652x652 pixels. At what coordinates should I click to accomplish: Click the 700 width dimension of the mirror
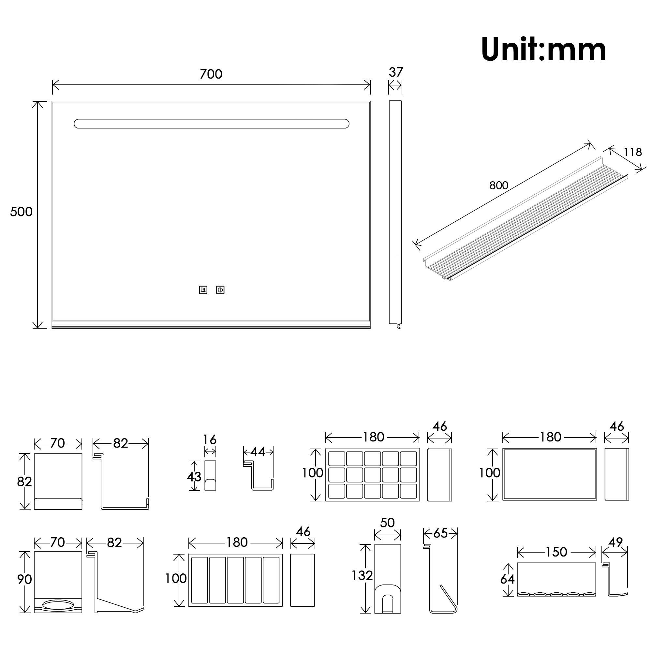point(211,74)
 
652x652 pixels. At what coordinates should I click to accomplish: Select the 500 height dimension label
point(21,212)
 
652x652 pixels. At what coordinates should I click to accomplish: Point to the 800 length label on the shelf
point(498,185)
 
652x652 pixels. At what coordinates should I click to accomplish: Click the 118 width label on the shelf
point(632,152)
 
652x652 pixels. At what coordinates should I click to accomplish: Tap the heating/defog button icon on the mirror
point(203,290)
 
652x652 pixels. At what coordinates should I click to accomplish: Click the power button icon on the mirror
point(220,290)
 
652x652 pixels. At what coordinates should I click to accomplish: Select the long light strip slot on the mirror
point(212,124)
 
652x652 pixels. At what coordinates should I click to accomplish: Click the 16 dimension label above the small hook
point(210,440)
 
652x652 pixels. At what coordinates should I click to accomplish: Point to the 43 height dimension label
point(194,477)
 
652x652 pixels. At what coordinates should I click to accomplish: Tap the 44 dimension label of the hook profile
point(258,452)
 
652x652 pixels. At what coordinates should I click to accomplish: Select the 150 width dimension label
point(556,552)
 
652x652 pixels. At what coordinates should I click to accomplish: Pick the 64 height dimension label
point(507,579)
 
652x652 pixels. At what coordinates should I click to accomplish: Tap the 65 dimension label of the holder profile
point(440,533)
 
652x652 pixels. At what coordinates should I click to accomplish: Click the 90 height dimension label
point(24,579)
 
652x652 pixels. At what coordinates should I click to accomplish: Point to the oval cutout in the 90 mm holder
point(58,605)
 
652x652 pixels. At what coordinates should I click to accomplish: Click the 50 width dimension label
point(387,523)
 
